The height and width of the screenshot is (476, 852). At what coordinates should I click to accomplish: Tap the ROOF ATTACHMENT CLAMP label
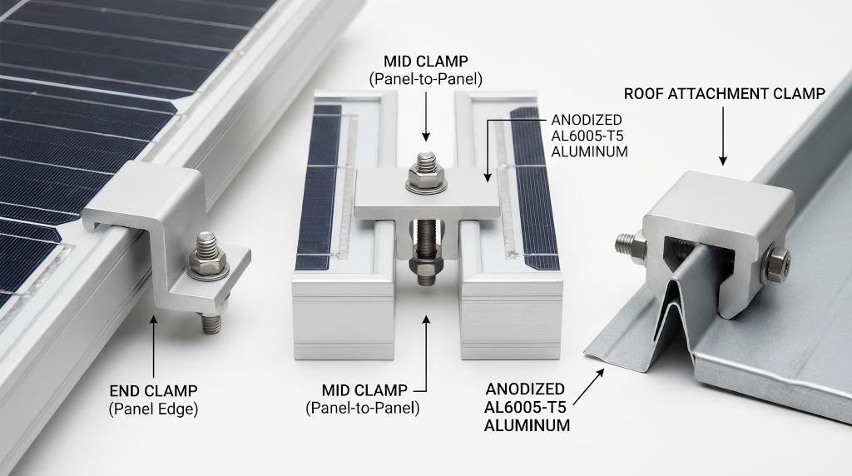click(x=725, y=94)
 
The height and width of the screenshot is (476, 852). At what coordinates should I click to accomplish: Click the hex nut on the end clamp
click(x=207, y=264)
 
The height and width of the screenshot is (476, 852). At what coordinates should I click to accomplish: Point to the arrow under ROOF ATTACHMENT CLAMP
click(x=723, y=136)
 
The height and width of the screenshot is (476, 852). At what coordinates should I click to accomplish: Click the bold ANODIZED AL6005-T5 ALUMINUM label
click(x=527, y=407)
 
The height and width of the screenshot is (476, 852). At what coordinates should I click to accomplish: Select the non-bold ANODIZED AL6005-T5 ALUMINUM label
click(x=589, y=136)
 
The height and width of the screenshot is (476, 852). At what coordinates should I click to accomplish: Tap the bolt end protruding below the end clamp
click(x=211, y=322)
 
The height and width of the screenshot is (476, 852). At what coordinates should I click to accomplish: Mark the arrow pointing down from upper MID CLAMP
click(x=426, y=117)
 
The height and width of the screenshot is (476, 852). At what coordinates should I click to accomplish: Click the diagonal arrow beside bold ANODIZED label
click(x=588, y=387)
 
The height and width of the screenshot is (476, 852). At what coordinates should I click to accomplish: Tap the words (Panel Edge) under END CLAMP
click(x=153, y=409)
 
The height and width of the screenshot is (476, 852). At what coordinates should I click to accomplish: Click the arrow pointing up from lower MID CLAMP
click(x=427, y=353)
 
